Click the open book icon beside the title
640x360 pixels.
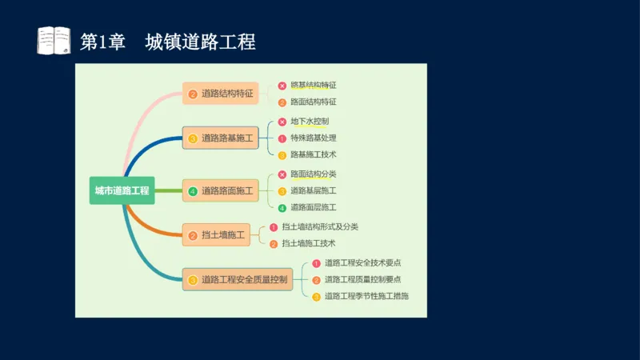pos(54,41)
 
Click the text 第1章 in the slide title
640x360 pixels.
pos(103,42)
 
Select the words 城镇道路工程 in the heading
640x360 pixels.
pos(200,42)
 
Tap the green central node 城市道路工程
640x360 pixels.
pos(122,190)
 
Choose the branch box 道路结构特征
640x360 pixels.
pos(220,94)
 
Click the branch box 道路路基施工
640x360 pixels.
pos(220,138)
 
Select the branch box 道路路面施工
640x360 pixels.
pos(220,190)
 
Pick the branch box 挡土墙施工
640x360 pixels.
pos(215,235)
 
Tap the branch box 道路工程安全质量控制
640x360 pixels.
pos(237,280)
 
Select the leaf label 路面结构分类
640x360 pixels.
pos(314,174)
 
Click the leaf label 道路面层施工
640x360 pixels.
pos(314,207)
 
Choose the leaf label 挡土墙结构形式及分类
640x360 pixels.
pos(320,227)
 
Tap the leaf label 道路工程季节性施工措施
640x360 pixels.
pos(366,296)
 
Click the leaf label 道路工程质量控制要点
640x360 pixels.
pos(362,280)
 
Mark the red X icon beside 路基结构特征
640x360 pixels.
pos(282,86)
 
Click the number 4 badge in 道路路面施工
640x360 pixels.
pos(193,191)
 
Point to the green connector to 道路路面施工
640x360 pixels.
pos(168,191)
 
